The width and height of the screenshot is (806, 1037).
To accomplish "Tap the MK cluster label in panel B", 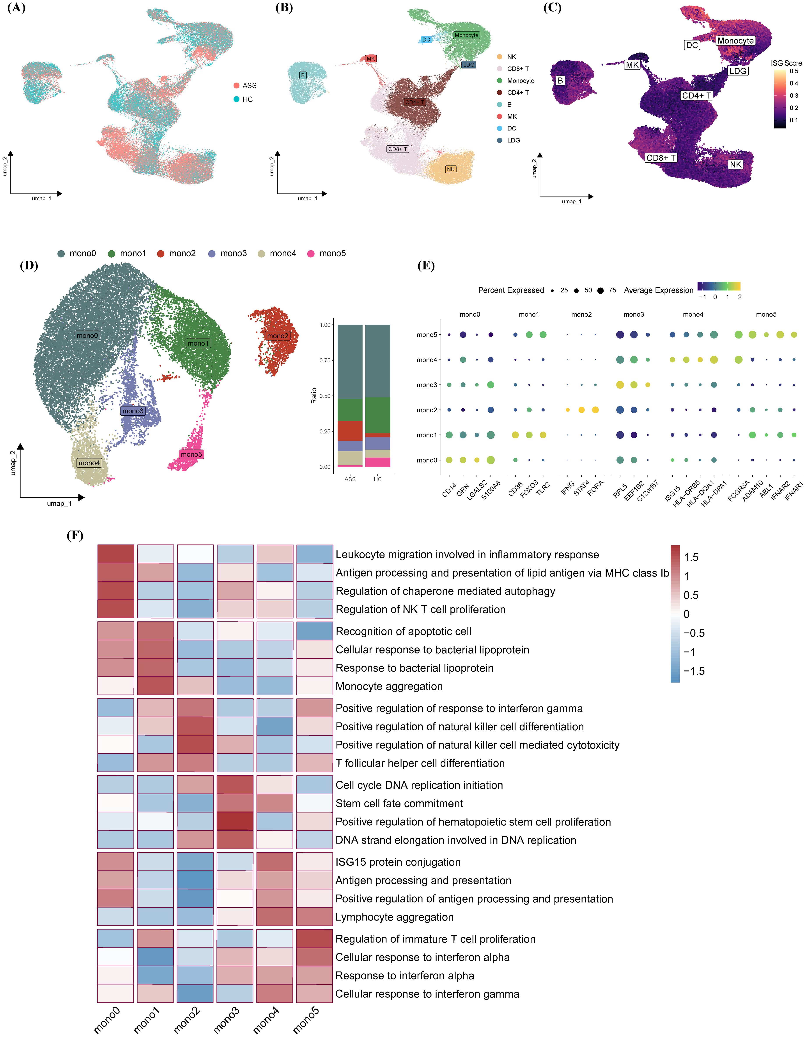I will click(371, 59).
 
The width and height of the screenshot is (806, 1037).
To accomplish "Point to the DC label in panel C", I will click(692, 45).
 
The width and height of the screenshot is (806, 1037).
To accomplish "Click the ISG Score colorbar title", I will click(786, 63).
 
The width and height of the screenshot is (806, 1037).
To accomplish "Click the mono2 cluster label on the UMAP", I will click(278, 336).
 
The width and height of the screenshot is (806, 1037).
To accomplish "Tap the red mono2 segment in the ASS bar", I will click(350, 431).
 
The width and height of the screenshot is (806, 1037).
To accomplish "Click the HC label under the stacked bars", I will click(378, 479).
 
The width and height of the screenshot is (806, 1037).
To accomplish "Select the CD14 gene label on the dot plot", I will click(449, 490).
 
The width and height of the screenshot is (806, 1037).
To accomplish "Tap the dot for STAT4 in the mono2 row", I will click(581, 410).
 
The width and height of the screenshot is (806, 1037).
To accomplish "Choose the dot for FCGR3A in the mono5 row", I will click(738, 335).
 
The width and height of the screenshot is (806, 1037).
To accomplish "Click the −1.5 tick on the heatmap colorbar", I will click(694, 671).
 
